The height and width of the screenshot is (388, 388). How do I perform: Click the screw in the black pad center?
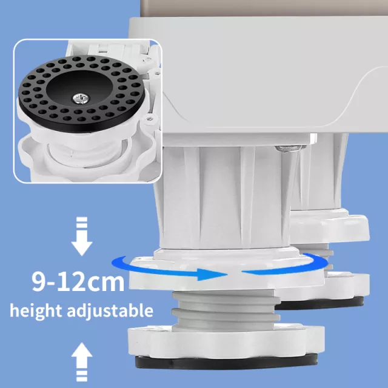point(81,96)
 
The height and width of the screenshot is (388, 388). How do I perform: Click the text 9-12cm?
point(79,281)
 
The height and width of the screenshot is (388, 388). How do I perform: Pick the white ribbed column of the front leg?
point(218,194)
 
